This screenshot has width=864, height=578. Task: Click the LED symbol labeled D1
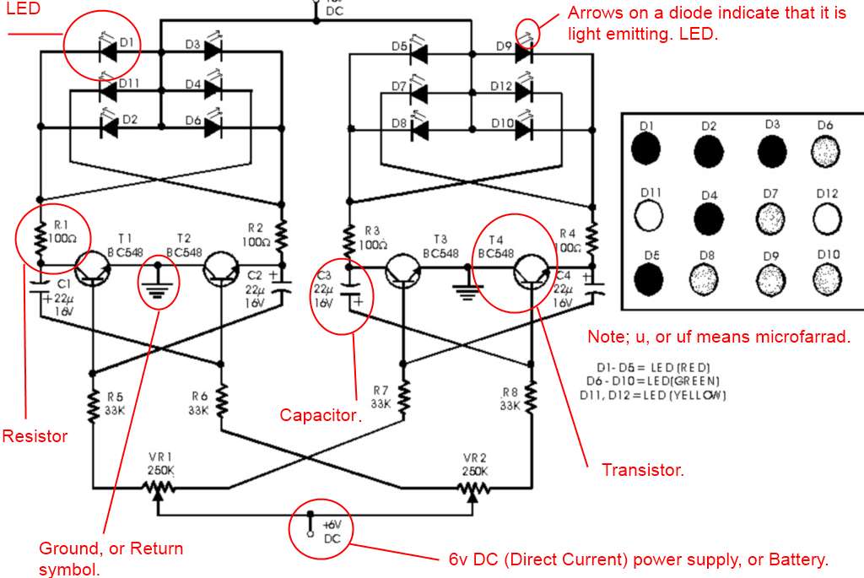108,51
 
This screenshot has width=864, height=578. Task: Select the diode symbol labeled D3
212,51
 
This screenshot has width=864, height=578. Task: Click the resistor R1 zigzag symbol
40,240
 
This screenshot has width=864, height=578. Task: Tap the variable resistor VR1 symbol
158,488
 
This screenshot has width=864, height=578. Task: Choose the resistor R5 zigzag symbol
90,405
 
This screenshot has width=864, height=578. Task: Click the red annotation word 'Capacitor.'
321,415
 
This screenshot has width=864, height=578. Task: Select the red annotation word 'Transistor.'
642,469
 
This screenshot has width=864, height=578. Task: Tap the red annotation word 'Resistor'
34,436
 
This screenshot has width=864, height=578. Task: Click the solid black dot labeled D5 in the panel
647,277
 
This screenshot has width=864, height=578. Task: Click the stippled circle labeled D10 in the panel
828,277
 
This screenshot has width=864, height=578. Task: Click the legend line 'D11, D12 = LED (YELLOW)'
652,395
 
